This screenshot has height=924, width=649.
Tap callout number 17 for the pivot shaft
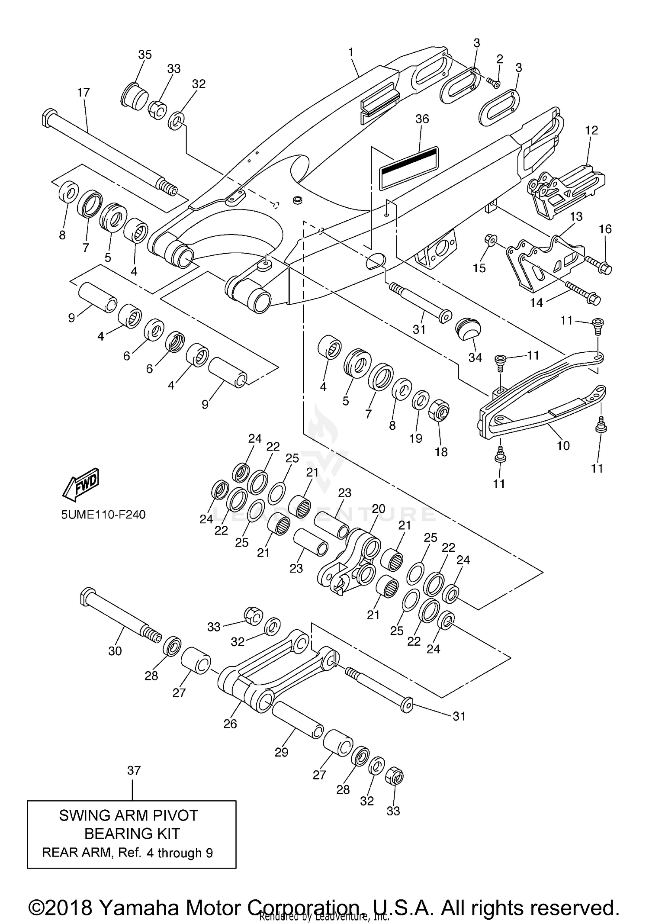coord(84,92)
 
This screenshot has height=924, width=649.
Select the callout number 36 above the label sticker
coord(422,119)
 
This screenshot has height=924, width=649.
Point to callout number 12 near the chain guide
coord(591,130)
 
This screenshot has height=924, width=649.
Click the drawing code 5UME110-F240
coord(103,515)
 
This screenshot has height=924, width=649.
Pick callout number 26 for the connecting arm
coord(230,723)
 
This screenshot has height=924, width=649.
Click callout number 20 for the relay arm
coord(378,509)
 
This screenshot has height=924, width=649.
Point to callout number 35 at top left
coord(145,55)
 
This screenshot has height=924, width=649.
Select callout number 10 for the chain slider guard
coord(563,445)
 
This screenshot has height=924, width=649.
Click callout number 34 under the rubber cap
coord(475,357)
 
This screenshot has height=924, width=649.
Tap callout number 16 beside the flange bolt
coord(605,229)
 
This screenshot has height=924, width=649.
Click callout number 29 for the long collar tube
coord(281,752)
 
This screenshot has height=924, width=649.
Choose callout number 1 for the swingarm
coord(351,52)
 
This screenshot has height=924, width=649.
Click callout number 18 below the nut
coord(441,452)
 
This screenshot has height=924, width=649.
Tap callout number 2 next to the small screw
coord(500,59)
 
